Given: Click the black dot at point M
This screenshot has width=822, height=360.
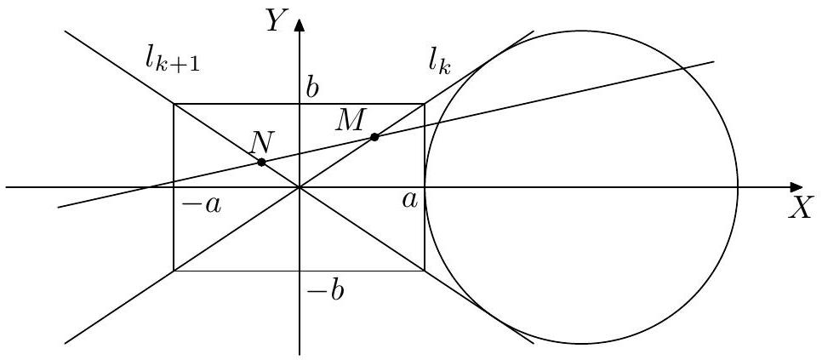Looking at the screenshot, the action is pos(374,137).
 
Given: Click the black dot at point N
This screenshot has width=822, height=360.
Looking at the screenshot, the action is pos(261,163).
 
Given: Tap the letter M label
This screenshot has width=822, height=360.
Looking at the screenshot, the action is pos(349,122).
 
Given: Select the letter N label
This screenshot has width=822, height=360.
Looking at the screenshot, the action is pos(260,142).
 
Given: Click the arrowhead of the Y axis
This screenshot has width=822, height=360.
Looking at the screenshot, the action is pos(300,25).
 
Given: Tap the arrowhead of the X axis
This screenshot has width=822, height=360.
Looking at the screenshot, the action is pos(795,187).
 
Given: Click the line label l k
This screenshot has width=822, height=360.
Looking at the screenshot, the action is pos(439,65).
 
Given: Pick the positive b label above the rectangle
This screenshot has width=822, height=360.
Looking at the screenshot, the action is pos(312,89).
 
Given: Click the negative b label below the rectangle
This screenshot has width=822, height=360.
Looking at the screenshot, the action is pos(325,291).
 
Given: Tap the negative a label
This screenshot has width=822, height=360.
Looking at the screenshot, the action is pos(202,205).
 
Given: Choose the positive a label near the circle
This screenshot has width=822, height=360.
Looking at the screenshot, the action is pos(410,200).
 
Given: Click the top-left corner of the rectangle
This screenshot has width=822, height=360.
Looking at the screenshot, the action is pos(174,104).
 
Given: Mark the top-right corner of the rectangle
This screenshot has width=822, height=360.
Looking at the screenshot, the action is pos(424,104).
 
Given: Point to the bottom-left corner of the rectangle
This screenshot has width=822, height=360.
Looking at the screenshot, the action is pos(174,271).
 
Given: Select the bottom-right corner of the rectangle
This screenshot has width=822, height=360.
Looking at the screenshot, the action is pos(424,271).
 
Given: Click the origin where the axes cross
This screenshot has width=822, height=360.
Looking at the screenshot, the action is pos(300,187).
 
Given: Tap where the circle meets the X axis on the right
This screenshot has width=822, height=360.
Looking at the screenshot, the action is pos(738,187).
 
